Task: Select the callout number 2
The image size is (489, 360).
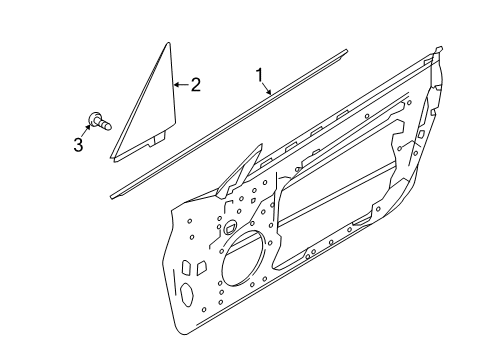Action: pos(195,85)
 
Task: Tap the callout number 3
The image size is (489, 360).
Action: pos(77,146)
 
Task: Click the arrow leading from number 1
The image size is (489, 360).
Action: pos(268,88)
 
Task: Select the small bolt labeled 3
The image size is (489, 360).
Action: pos(100,122)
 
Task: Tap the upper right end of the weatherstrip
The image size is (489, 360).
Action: pos(346,49)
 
